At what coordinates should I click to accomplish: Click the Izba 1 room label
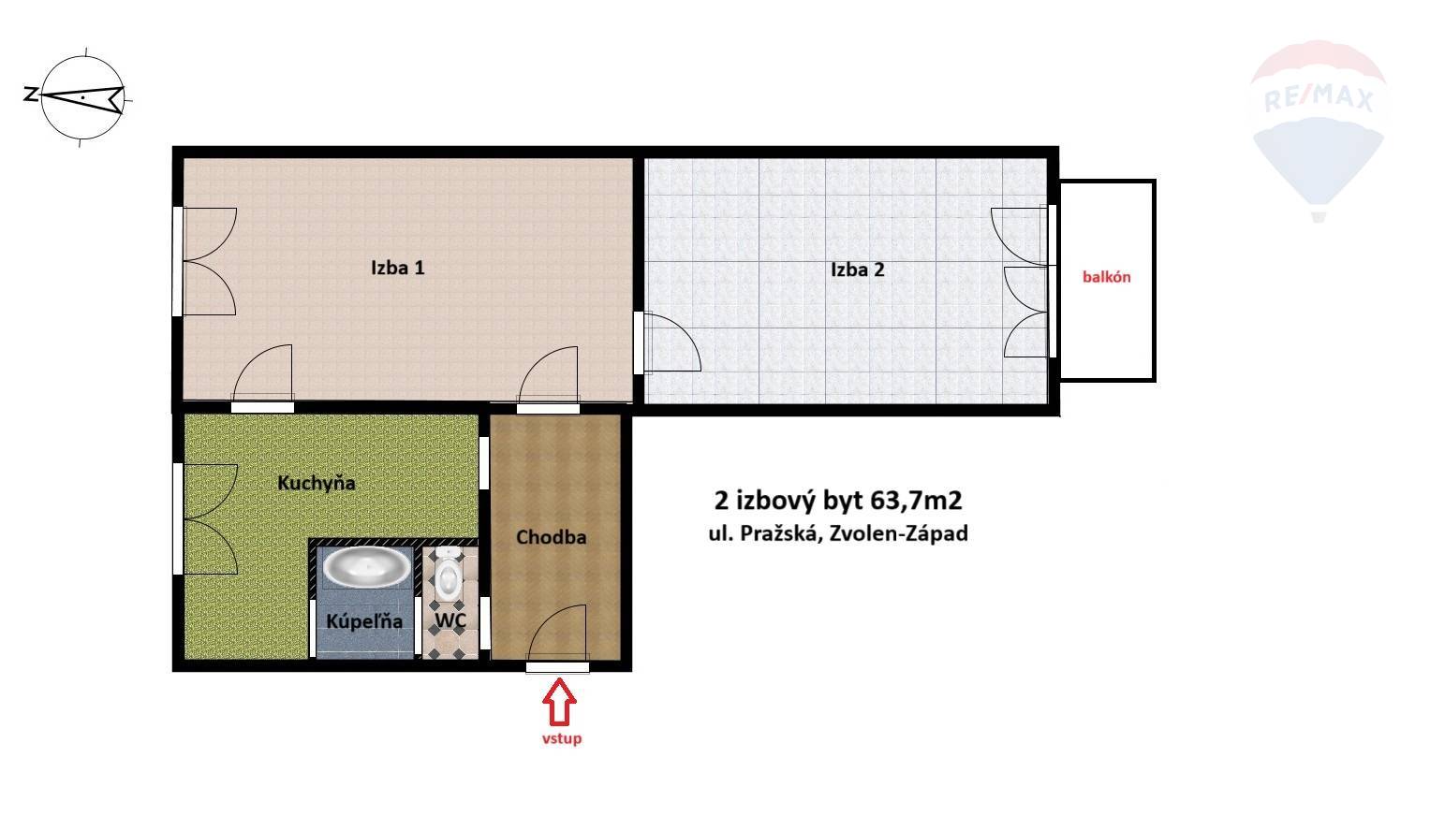tap(398, 268)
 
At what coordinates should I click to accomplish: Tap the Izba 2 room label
tap(858, 270)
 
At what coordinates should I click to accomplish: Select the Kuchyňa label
tap(316, 483)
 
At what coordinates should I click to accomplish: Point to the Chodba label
tap(551, 537)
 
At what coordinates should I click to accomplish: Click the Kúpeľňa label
tap(364, 620)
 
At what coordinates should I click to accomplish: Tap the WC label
tap(450, 619)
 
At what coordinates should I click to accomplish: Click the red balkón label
tap(1106, 277)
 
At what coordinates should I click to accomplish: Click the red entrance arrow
tap(559, 702)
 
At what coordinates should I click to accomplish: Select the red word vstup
tap(562, 739)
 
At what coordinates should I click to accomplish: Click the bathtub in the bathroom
tap(367, 566)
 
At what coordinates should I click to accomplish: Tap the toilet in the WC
tap(449, 575)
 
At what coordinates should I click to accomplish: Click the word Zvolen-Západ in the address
tap(898, 533)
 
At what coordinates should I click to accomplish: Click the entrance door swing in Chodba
tap(556, 633)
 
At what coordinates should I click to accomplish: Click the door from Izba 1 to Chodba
tap(549, 376)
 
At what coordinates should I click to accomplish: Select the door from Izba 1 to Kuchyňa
tap(262, 374)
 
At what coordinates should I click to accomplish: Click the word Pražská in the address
tap(779, 533)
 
